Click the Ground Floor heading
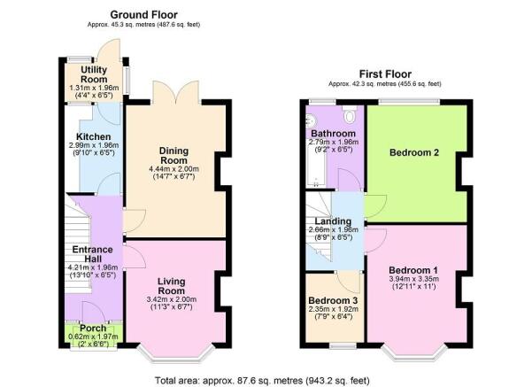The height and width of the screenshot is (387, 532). [143, 15]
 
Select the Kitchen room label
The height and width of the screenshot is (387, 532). [92, 136]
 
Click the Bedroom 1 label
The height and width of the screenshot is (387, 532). [414, 270]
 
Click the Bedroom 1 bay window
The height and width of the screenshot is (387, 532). [413, 357]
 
